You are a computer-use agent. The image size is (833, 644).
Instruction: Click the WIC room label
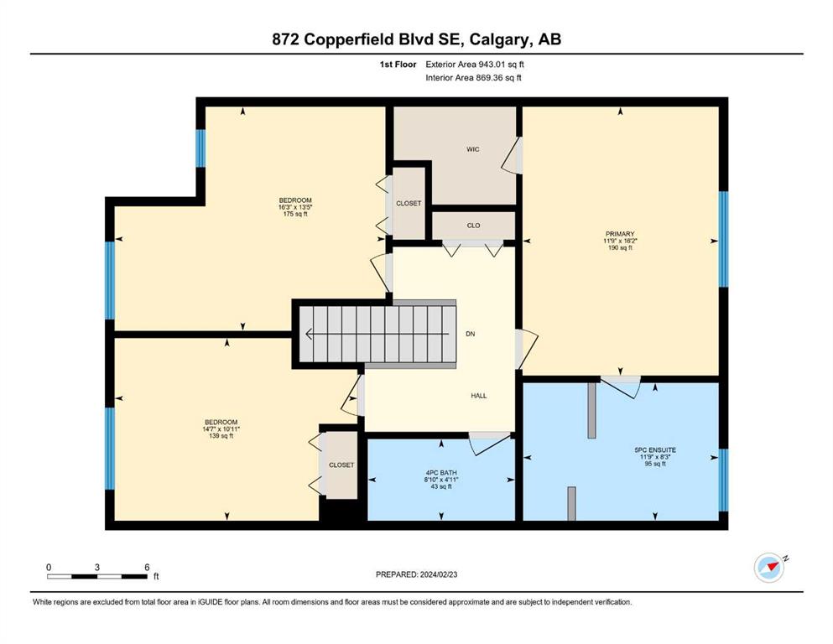point(473,150)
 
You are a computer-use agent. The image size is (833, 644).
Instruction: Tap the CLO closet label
point(473,226)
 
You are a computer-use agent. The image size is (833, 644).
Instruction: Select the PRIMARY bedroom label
point(620,234)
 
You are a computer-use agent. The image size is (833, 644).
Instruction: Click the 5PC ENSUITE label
point(655,450)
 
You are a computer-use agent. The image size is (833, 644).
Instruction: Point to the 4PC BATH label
point(441,473)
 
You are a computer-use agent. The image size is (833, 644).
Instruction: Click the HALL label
point(479,396)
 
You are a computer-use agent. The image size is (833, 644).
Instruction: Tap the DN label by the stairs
point(470,334)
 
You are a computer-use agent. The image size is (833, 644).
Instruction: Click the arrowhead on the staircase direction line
point(308,334)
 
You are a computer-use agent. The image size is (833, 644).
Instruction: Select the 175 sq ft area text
point(295,214)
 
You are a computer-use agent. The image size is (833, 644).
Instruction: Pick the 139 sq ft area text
point(221,436)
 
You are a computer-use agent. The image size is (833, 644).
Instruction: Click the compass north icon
point(770,567)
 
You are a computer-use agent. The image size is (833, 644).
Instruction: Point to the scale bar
point(97,576)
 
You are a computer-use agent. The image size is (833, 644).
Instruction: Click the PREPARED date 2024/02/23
point(438,574)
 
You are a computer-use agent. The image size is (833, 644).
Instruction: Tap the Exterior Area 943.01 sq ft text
point(475,65)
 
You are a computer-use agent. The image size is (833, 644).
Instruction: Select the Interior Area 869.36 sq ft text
point(473,77)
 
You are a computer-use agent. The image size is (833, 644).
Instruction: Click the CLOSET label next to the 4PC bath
point(341,465)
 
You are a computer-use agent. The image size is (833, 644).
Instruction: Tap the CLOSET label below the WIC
point(409,203)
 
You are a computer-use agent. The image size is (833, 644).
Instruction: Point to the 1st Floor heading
point(398,65)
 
